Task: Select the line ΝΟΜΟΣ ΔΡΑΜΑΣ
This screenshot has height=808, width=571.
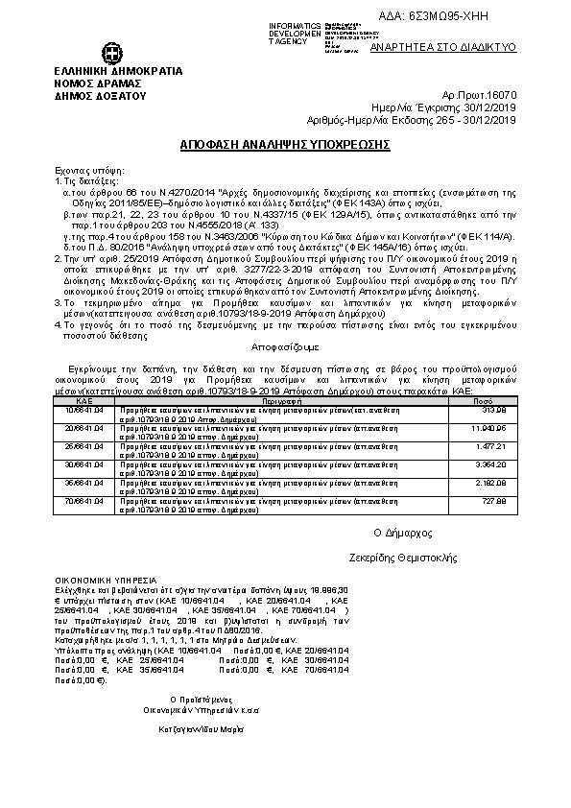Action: [x=92, y=83]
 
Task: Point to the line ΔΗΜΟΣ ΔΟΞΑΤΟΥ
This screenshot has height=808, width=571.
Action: [x=99, y=96]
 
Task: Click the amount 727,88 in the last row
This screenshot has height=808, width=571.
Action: [x=494, y=500]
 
